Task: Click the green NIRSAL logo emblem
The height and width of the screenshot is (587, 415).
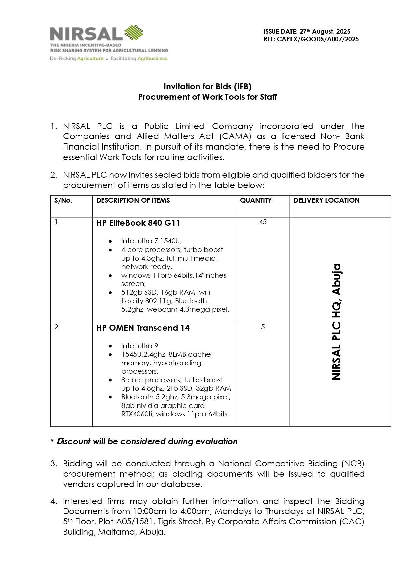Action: point(134,32)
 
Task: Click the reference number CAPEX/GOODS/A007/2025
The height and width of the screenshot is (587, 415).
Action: point(318,39)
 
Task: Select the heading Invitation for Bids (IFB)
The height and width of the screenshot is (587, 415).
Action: point(207,87)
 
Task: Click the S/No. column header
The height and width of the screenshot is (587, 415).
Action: point(63,200)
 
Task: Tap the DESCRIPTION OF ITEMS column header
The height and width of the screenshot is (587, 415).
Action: point(133,200)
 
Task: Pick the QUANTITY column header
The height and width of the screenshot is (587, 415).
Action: point(256,200)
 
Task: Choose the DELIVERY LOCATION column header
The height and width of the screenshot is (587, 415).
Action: point(326,200)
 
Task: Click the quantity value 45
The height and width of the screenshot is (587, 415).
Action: point(263,222)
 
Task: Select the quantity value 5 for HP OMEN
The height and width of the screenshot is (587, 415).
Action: point(263,327)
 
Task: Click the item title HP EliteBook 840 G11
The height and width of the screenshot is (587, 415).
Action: point(138,223)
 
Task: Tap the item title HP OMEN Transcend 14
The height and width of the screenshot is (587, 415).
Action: point(143,328)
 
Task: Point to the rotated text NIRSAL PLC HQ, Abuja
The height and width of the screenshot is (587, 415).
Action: point(337,322)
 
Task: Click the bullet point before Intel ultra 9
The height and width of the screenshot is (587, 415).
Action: point(110,346)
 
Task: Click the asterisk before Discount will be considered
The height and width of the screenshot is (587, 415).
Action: point(52,442)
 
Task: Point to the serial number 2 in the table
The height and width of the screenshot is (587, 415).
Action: point(56,327)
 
